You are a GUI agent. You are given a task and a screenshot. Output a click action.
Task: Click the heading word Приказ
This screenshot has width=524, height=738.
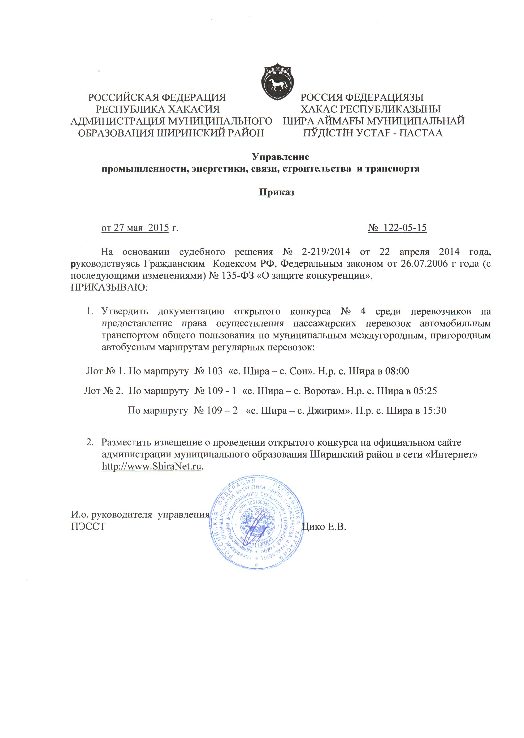[x=277, y=193]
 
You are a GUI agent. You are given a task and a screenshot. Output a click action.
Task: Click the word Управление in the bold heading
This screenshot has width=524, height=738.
[x=280, y=157]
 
